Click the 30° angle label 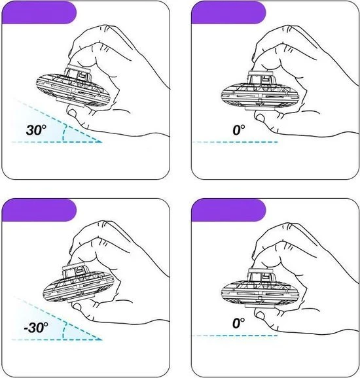36,130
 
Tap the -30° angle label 36,328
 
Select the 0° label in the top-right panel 239,129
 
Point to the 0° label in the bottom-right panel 239,323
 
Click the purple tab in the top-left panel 39,13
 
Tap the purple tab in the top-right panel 228,13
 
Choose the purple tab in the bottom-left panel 39,210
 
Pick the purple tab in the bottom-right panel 228,210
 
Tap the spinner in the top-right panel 260,91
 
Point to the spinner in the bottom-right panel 260,288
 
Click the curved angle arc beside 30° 63,133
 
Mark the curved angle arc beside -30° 63,331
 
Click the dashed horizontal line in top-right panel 235,142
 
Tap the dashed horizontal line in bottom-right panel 234,335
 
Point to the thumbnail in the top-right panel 260,118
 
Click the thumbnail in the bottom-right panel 260,315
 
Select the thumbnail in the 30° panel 71,112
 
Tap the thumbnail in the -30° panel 77,307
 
